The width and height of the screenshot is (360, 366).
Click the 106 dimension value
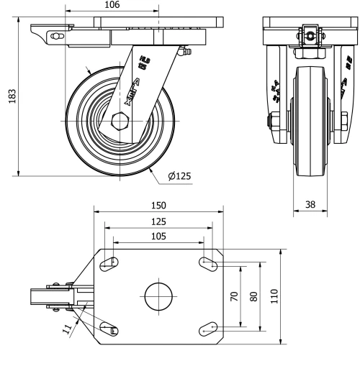click(112, 6)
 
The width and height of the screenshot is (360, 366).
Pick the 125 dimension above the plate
click(158, 221)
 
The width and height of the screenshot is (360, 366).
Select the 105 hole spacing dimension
click(158, 235)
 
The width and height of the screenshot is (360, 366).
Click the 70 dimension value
click(234, 296)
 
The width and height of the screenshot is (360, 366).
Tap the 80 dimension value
click(253, 296)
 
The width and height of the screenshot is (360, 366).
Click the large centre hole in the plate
click(158, 296)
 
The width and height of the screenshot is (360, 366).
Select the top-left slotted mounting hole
click(109, 265)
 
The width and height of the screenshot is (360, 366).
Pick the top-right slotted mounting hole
click(207, 265)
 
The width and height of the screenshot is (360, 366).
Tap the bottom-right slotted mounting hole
click(207, 328)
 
